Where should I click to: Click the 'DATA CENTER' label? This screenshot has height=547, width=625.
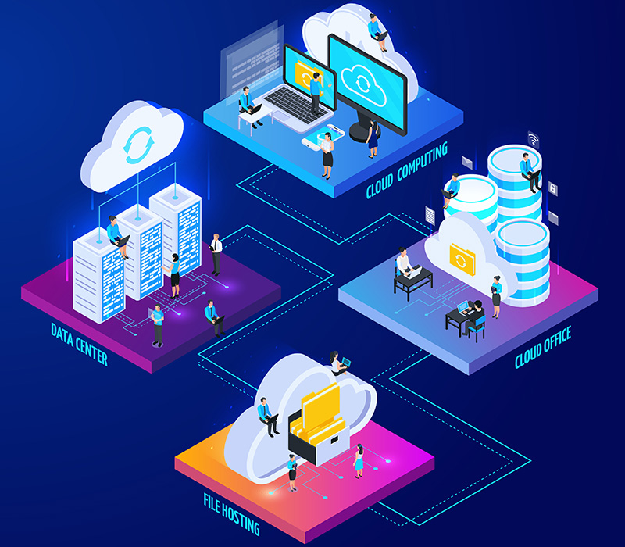point(80,344)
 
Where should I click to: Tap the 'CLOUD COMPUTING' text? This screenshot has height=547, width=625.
point(407,170)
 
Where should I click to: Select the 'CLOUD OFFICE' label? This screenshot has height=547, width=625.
point(543,347)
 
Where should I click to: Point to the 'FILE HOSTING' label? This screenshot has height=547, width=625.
point(231,514)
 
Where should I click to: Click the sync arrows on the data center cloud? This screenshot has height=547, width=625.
point(138,145)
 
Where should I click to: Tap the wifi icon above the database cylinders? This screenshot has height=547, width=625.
point(534,140)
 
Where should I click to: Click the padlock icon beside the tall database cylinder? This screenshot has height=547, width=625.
point(552,188)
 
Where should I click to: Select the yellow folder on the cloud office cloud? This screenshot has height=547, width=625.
point(462,259)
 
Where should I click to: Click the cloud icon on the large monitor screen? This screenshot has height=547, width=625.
point(363,85)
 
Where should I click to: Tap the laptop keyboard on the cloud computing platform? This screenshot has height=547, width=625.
point(296,104)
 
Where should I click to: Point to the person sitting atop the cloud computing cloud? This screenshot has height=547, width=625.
point(377,32)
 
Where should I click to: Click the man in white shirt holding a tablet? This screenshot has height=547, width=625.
point(216,255)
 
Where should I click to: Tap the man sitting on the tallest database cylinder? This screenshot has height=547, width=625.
point(530,172)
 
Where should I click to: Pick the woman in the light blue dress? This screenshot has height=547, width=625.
point(359,461)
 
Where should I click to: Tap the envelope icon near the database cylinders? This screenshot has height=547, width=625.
point(466,163)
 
